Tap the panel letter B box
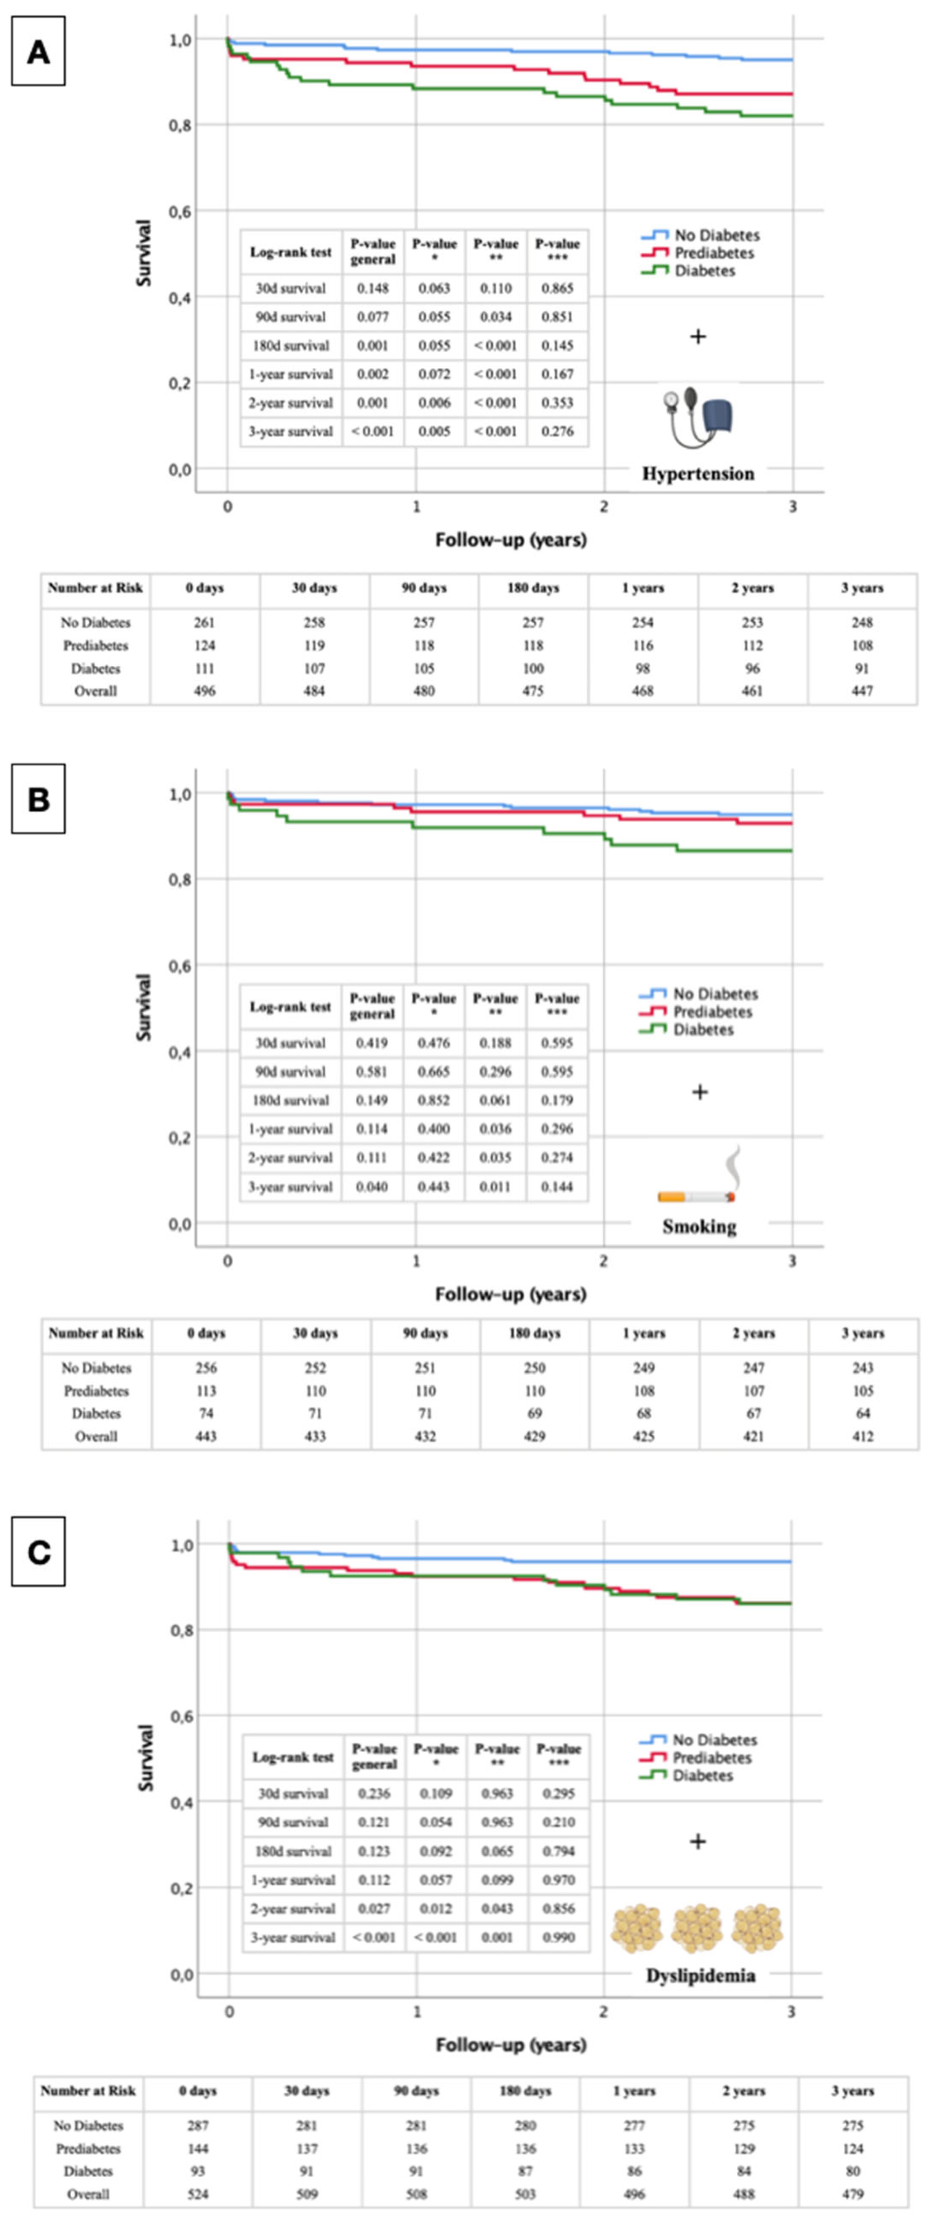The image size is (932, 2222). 38,800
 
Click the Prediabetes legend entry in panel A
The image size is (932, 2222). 713,253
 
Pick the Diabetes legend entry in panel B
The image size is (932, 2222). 703,1030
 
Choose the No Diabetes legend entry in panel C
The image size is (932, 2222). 714,1740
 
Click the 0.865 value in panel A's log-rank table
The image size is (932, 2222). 557,288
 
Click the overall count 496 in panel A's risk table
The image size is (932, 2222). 204,691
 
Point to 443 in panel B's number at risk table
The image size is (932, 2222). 206,1436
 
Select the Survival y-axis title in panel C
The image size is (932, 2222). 145,1760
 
